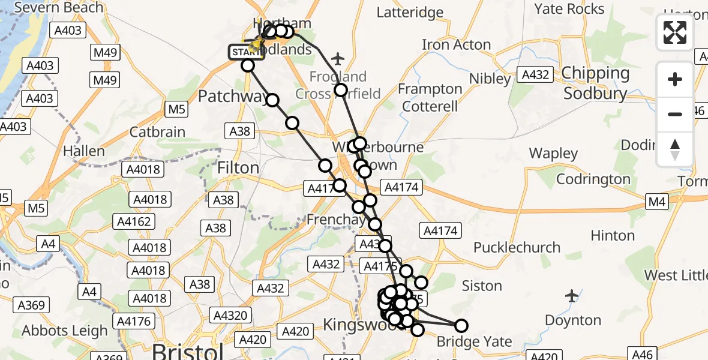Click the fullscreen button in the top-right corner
[x=675, y=32]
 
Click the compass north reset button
[x=675, y=149]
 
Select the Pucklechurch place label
[x=517, y=247]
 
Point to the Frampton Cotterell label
[x=430, y=98]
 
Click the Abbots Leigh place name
[x=65, y=331]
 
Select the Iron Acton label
[x=456, y=44]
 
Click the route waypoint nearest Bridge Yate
[x=461, y=326]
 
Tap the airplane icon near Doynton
[x=572, y=295]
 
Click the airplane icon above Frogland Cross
[x=338, y=58]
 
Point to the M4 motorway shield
[x=658, y=202]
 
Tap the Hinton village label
[x=613, y=235]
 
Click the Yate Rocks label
[x=569, y=9]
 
